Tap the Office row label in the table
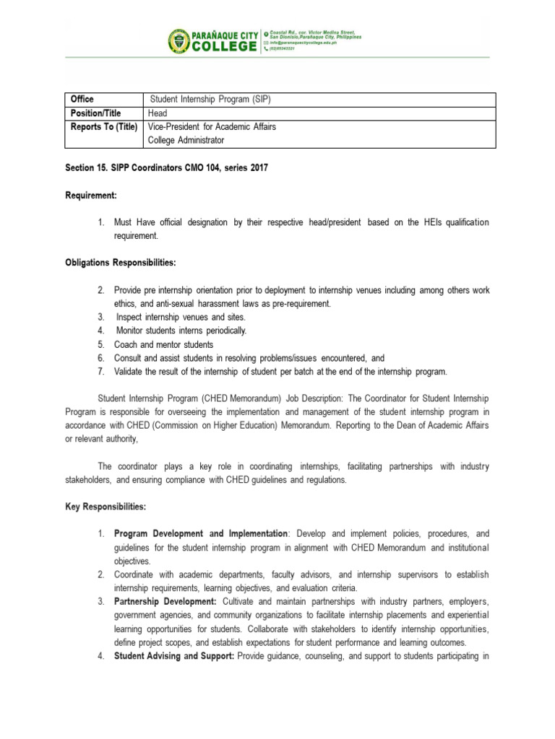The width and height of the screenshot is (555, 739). [82, 99]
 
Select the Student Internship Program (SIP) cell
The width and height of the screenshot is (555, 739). [210, 99]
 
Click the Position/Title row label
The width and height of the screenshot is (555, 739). [95, 113]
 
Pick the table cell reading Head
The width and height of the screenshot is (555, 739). [158, 113]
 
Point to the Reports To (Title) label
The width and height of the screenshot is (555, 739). [103, 127]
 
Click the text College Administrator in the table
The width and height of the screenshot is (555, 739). [186, 140]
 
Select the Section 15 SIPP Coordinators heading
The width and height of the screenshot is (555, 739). [166, 168]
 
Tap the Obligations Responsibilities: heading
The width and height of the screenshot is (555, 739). [121, 263]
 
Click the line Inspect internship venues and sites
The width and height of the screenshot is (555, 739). [181, 317]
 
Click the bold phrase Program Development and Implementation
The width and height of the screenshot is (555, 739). [201, 533]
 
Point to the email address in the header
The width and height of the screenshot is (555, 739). [302, 43]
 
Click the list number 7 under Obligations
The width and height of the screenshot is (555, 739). [103, 372]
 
